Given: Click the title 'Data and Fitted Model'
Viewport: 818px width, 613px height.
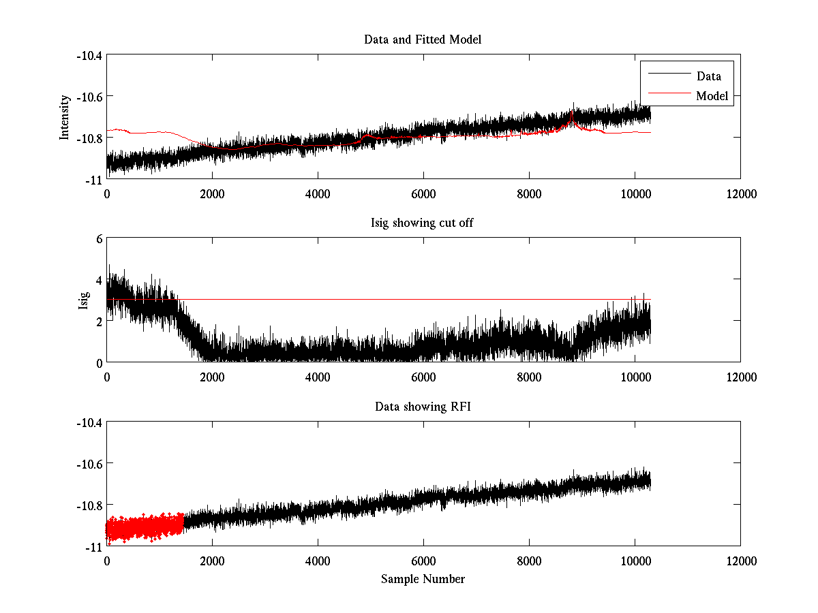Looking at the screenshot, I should pos(423,40).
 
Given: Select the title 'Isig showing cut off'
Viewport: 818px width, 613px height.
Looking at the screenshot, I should pos(423,223).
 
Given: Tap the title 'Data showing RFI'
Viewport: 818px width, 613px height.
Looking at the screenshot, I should pos(423,407).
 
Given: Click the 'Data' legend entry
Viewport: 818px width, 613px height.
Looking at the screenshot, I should pos(708,76).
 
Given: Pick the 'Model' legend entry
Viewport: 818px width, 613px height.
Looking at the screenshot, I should pos(712,96).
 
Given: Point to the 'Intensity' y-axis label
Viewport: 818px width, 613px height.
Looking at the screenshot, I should pos(65,116).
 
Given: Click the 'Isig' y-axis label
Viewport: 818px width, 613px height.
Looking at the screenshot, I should pos(84,300).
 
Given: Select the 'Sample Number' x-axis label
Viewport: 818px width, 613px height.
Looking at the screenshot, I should pos(423,579).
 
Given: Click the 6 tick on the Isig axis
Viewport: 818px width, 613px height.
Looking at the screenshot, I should pos(99,239).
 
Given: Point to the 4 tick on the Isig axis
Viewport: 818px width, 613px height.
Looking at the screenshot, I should pos(99,280).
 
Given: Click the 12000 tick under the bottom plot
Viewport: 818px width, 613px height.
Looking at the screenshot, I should pos(740,561).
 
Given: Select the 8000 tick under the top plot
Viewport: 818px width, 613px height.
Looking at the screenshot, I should pos(529,194).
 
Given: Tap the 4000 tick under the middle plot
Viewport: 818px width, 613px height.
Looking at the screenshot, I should pos(318,377).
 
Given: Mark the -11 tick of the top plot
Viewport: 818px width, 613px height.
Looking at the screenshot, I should pos(94,179).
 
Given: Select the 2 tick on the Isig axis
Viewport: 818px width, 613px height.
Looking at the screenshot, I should pos(99,321).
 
